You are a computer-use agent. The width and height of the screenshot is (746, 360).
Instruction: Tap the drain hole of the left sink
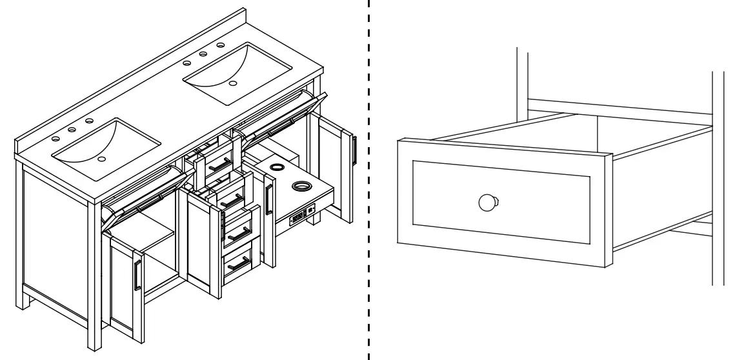[102, 158]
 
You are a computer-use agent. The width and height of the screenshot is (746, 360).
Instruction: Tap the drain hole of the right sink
[234, 83]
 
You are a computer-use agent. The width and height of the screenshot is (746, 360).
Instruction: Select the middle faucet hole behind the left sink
[72, 129]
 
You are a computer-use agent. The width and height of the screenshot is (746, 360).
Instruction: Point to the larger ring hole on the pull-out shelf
[301, 187]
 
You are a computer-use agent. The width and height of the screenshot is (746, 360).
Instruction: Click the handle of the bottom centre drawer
[239, 263]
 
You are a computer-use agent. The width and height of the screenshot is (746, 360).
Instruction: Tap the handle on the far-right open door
[354, 150]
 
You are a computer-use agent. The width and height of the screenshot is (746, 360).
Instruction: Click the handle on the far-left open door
[136, 277]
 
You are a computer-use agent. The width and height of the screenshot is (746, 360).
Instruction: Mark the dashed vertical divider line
[368, 181]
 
